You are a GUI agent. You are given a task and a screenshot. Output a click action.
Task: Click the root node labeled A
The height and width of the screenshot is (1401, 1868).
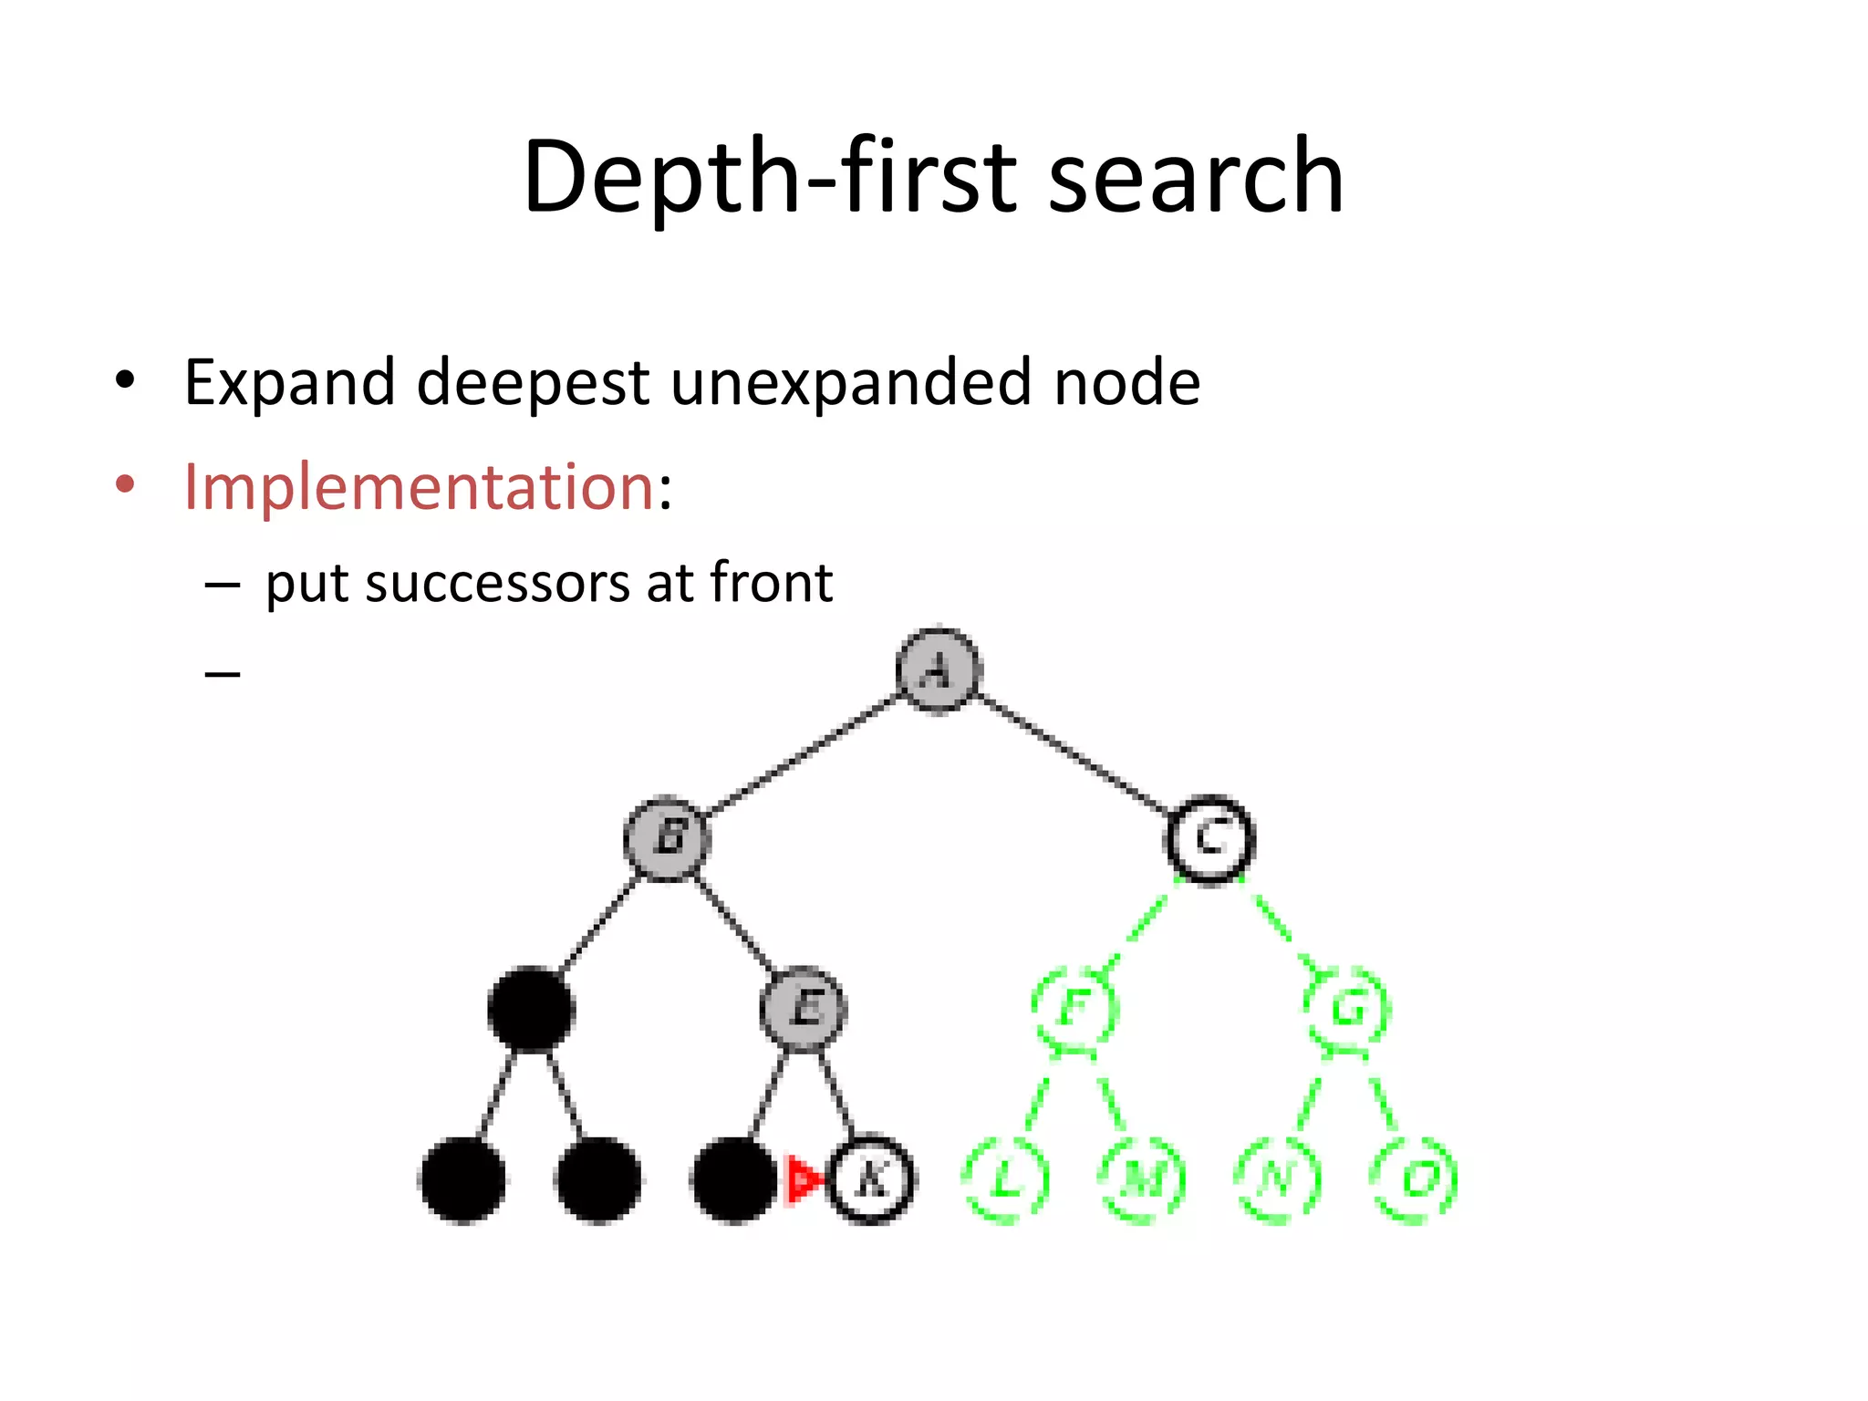click(938, 670)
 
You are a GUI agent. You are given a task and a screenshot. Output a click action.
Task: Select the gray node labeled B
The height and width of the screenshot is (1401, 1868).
click(668, 837)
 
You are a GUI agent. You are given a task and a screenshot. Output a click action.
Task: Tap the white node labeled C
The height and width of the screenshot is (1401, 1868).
click(1210, 837)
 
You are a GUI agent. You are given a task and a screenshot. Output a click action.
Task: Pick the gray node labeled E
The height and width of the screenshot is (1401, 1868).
click(804, 1009)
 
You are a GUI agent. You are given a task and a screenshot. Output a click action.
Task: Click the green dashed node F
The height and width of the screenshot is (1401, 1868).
click(1074, 1009)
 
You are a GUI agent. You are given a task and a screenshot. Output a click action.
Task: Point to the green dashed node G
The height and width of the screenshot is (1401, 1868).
click(1347, 1009)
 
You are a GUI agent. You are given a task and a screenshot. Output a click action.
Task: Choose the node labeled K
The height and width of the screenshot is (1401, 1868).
click(871, 1179)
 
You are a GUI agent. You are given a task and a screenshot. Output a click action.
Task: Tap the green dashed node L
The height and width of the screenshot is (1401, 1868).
click(1006, 1179)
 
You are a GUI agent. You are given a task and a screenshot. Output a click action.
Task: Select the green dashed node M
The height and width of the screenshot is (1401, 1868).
click(1143, 1179)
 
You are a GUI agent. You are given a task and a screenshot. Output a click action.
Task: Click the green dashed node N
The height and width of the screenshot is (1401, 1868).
click(1278, 1179)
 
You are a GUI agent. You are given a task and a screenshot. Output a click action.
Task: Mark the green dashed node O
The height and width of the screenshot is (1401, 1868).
click(1415, 1179)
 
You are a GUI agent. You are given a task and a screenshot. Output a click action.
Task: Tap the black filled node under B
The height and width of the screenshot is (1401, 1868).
click(531, 1009)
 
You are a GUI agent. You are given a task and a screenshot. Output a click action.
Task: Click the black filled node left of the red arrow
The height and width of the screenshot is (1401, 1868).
click(734, 1179)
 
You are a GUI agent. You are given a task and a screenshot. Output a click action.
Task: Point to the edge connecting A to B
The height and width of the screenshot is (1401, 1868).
click(803, 754)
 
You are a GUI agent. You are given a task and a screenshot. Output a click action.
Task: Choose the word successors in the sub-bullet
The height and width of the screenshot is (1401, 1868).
click(497, 583)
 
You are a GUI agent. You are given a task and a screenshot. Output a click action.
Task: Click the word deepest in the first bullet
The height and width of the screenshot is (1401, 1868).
click(533, 382)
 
